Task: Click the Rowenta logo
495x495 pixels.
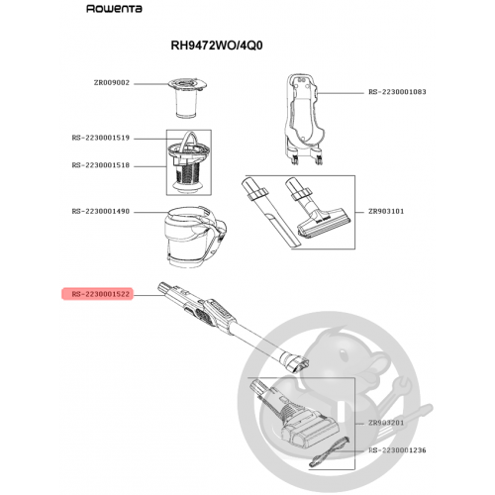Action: (x=114, y=9)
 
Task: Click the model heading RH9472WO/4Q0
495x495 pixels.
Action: (x=217, y=46)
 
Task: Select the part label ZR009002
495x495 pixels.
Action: (x=112, y=83)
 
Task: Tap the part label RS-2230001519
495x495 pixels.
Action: (x=101, y=138)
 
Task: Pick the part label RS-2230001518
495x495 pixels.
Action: (x=101, y=165)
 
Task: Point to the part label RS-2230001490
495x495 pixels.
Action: (x=101, y=211)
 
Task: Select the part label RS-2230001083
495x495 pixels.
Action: (x=397, y=92)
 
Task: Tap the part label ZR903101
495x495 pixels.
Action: (x=386, y=211)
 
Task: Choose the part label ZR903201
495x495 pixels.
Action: (x=386, y=423)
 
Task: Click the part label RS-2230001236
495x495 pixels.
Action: (x=397, y=450)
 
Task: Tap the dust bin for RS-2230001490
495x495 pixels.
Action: (x=195, y=236)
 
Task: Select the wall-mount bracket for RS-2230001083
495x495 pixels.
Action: (x=304, y=119)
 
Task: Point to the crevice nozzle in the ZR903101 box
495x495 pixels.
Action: (x=271, y=214)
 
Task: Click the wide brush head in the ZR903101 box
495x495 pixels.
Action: (x=317, y=211)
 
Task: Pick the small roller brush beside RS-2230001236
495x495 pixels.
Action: (x=329, y=451)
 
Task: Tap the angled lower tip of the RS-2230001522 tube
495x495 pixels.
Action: (x=300, y=364)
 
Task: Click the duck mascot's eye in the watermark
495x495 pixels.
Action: (x=344, y=355)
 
